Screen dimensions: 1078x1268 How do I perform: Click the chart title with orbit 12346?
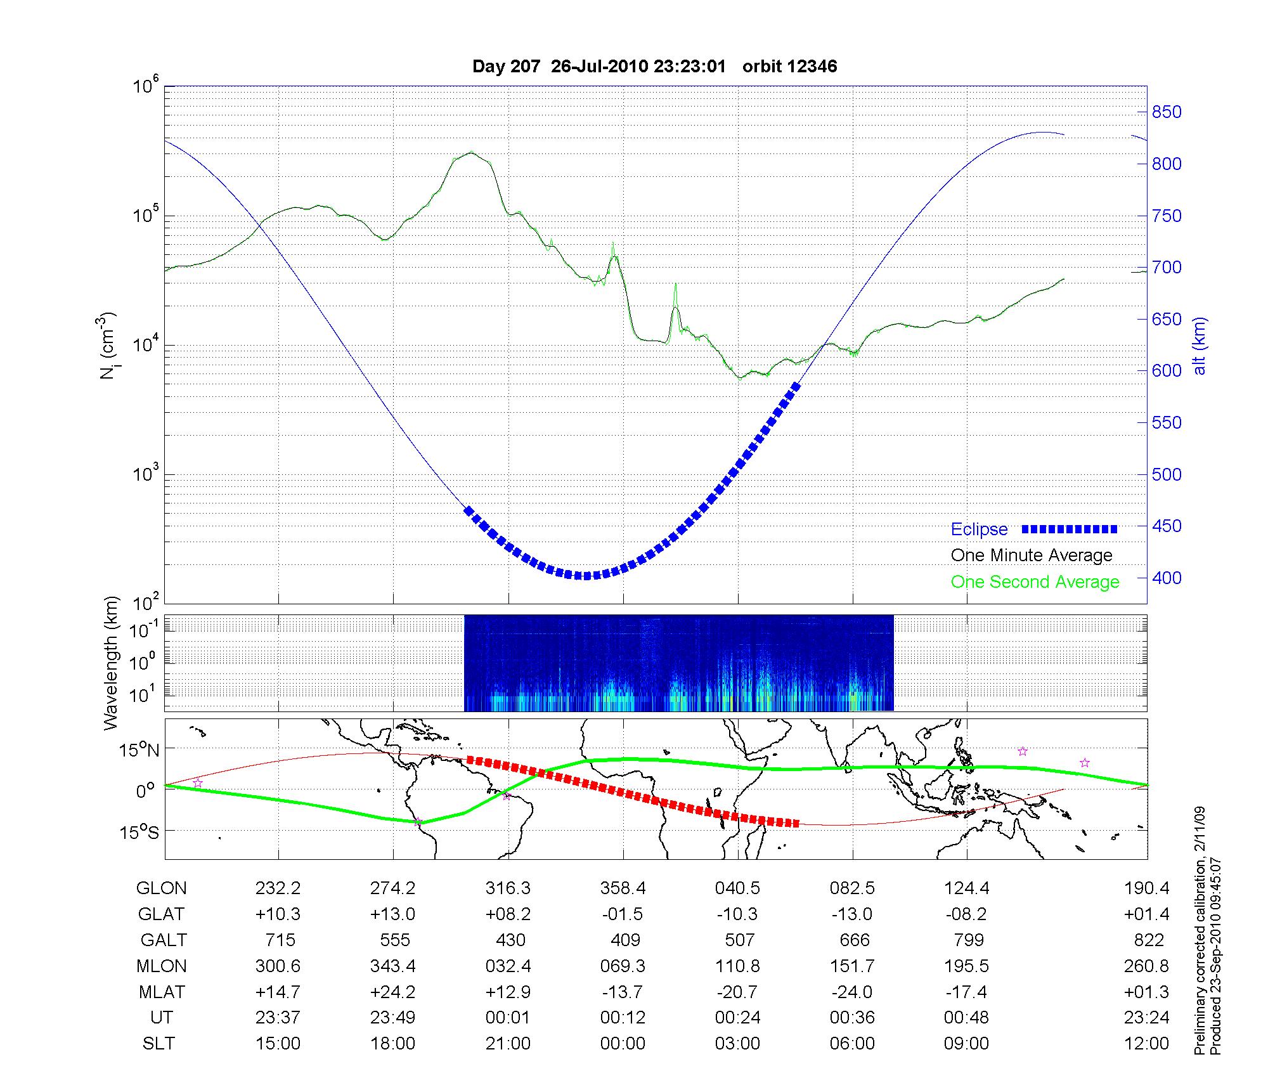[654, 67]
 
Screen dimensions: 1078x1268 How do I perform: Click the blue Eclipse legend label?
[979, 529]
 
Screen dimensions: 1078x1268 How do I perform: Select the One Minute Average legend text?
[1032, 555]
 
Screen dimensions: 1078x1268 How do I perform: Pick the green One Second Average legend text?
[1035, 582]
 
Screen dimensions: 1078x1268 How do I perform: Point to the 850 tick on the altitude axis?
[1167, 112]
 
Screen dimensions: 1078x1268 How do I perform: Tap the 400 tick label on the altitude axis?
[1167, 578]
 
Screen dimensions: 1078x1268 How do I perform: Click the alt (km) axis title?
[1200, 346]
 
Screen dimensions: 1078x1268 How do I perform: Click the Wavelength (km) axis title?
[112, 663]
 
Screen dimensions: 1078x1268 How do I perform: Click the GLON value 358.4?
[623, 888]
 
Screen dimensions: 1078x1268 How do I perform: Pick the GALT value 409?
[625, 940]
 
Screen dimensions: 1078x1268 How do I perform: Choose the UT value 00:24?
[738, 1018]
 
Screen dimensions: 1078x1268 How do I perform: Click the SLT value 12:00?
[1146, 1044]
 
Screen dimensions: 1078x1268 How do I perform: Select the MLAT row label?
[161, 992]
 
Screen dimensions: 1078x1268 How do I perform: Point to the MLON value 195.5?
[967, 966]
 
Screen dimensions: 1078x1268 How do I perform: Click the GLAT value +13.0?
[393, 914]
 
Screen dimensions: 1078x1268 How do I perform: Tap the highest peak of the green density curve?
[470, 152]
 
